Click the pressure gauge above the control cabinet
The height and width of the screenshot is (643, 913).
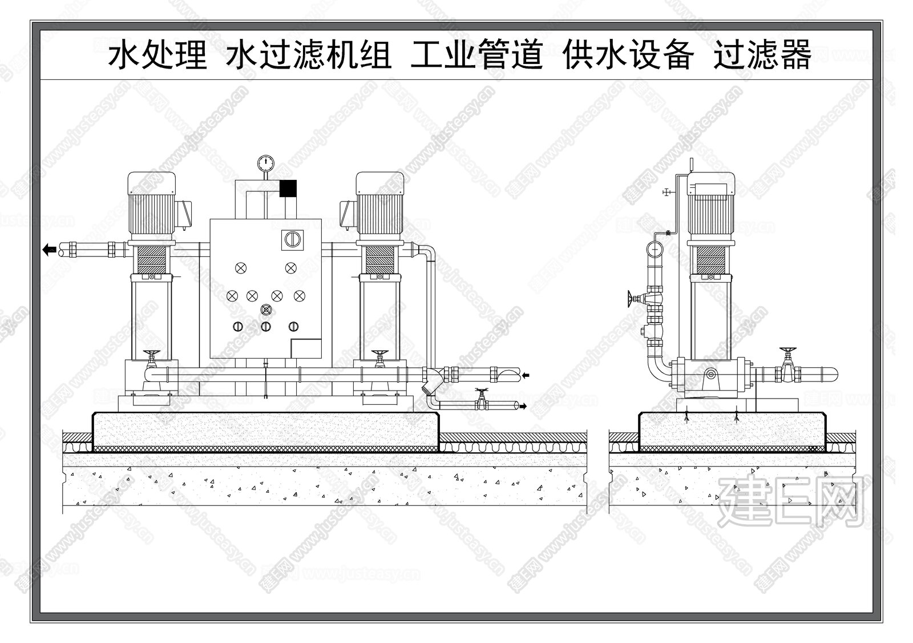click(x=265, y=163)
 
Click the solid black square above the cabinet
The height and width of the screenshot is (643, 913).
click(x=288, y=188)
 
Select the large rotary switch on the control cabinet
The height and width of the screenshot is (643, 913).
click(x=290, y=239)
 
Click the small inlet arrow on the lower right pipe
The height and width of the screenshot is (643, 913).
click(x=526, y=375)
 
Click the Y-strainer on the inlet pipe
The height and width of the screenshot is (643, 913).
click(x=431, y=382)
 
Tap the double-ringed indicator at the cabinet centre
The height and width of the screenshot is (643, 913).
click(x=265, y=310)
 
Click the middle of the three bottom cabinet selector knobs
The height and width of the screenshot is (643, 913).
click(x=265, y=327)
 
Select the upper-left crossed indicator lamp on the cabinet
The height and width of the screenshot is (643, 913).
click(x=241, y=267)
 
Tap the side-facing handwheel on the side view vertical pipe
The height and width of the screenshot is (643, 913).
click(x=630, y=298)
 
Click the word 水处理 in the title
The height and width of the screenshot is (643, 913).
click(x=157, y=55)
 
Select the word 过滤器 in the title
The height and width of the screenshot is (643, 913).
click(x=762, y=55)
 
